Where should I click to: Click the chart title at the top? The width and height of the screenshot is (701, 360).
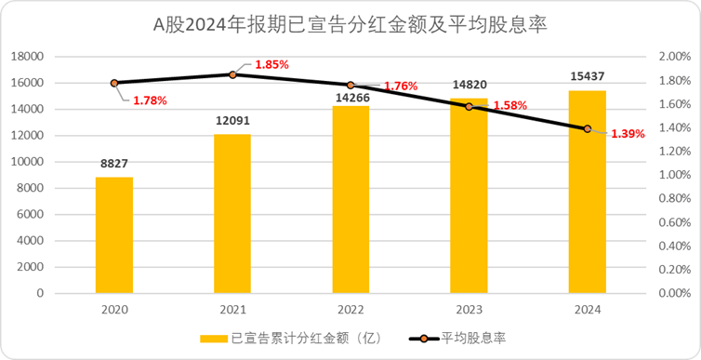click(x=350, y=25)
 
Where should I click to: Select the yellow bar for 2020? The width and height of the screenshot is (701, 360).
click(x=114, y=234)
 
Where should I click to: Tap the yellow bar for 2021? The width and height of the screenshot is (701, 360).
click(x=232, y=213)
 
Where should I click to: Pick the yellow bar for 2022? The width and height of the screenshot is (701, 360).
click(x=350, y=199)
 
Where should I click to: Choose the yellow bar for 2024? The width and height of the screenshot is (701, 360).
click(x=587, y=191)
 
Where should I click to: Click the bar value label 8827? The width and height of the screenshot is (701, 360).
click(x=114, y=165)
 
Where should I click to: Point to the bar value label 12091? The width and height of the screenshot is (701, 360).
click(x=232, y=123)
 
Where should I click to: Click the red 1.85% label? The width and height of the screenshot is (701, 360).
click(x=271, y=65)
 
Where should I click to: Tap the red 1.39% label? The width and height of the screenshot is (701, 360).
click(x=628, y=134)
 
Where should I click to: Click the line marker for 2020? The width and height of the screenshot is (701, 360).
click(x=114, y=83)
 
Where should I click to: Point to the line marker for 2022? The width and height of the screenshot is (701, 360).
click(x=350, y=85)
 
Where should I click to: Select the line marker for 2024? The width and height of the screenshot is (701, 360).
click(x=587, y=128)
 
